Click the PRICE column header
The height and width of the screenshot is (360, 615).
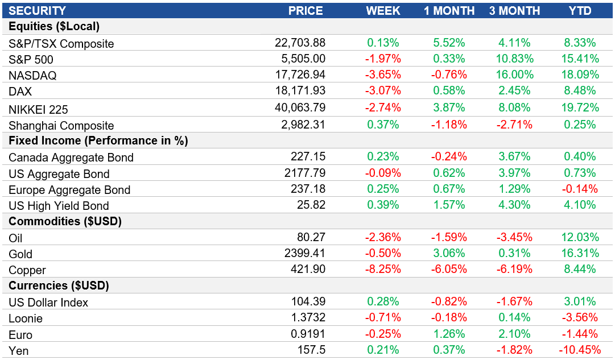click(306, 11)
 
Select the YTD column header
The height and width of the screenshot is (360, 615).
click(580, 11)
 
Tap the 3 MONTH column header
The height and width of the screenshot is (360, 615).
click(514, 11)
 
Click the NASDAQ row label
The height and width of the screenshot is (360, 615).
click(32, 76)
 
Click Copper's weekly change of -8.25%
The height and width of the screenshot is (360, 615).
click(383, 269)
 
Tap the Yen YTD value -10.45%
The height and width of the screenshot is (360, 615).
click(577, 350)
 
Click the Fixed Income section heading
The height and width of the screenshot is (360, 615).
click(98, 140)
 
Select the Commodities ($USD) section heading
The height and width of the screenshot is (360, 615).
click(65, 221)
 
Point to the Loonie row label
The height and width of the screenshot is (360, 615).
click(26, 318)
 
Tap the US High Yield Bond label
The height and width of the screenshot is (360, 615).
click(59, 206)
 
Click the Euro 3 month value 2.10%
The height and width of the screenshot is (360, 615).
click(514, 334)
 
